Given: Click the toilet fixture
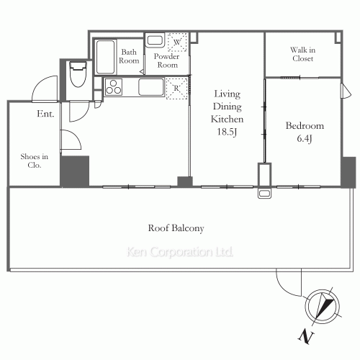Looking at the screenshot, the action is click(78, 74).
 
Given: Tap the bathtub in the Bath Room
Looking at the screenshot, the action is click(105, 57).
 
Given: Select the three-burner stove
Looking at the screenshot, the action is click(114, 87).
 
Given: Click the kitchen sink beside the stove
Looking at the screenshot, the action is click(151, 87).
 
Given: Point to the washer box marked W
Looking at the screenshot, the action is click(177, 42).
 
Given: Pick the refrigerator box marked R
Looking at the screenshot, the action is click(176, 88).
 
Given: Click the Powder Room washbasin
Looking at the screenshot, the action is click(155, 40).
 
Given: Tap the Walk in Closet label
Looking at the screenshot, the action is click(302, 54).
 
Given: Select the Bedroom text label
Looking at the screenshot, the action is click(305, 126).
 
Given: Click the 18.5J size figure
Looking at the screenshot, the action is click(227, 132).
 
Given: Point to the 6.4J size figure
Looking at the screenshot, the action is click(305, 138).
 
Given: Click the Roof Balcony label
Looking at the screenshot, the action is click(176, 228).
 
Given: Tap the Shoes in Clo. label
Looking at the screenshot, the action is click(35, 161).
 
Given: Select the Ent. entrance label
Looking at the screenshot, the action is click(45, 114).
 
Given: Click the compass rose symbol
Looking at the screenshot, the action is click(323, 307).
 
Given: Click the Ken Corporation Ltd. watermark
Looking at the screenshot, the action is click(180, 252).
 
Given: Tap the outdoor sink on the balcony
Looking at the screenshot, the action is click(264, 194).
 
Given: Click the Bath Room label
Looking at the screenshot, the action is click(129, 56).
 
